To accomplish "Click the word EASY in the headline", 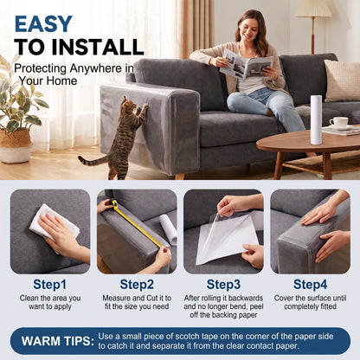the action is coord(43,24).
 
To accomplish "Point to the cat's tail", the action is coord(92,160).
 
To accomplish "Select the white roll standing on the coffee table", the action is coord(316,119).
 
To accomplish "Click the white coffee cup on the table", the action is coord(338,122).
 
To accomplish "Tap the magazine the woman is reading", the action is coord(246,65).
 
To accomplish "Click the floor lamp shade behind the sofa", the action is coord(313,9).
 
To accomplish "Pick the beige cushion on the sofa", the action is coord(343,80).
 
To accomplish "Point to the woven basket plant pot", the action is coord(16,145).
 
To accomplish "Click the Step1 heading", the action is coord(49,285).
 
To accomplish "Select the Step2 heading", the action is coord(137,285).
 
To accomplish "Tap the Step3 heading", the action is coord(223,285).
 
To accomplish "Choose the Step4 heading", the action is coord(310,285).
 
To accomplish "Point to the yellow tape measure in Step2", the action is coord(136,222).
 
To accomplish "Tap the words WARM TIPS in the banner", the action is coord(58,341).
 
